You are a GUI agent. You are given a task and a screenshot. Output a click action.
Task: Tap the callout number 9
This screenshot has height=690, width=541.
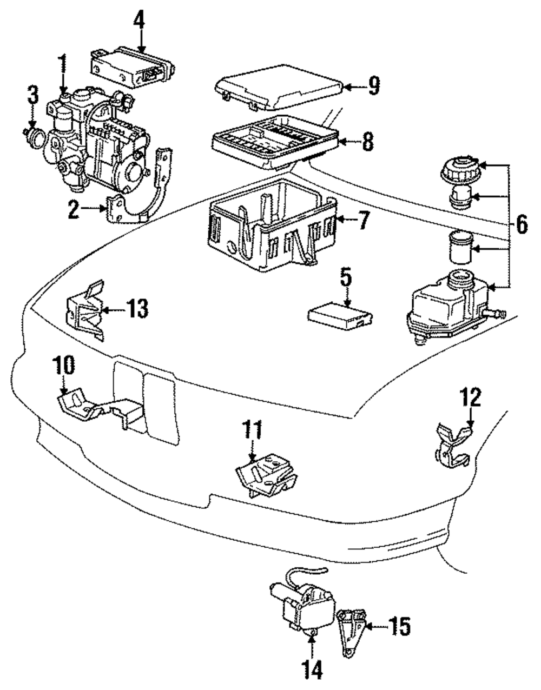(x=373, y=86)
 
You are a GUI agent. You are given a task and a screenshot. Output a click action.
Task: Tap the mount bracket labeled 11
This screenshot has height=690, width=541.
(x=266, y=476)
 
